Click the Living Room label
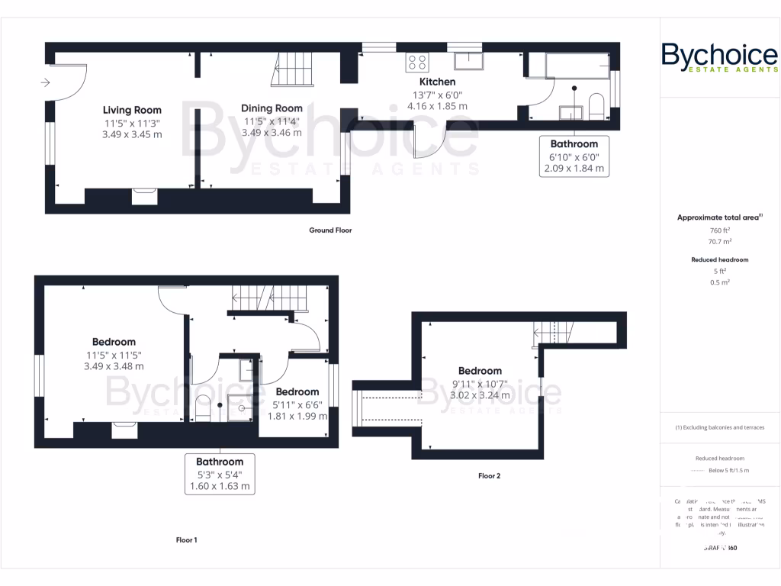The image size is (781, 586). pos(132,110)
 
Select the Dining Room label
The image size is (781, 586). pos(272,108)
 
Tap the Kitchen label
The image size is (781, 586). pos(437,82)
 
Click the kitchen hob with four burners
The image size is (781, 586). pos(417,61)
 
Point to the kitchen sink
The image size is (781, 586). pos(467,61)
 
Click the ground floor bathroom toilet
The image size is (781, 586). pos(596,106)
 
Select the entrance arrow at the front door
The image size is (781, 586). pos(46,82)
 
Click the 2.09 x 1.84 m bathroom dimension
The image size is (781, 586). pos(574,169)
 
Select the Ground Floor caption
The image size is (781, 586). pos(330,230)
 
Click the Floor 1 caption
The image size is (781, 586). pos(187,540)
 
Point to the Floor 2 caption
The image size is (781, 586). pos(489,475)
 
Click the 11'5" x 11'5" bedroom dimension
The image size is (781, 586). pos(114,355)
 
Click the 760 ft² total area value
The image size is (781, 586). pos(720,230)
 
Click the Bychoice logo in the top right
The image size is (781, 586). pos(719,59)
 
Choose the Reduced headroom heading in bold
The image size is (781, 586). pos(719,259)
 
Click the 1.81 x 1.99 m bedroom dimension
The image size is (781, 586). pos(297,417)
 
